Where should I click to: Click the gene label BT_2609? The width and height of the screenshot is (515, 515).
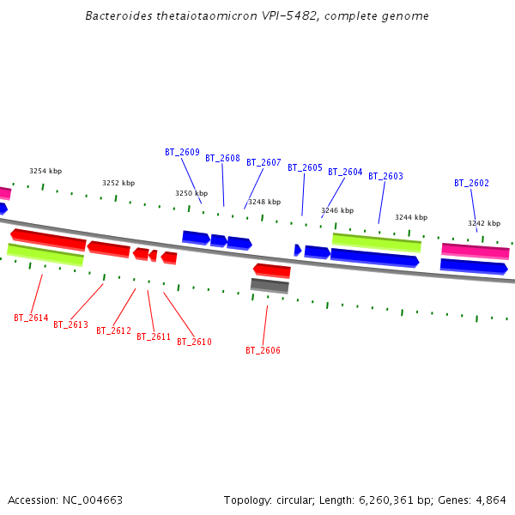click(182, 152)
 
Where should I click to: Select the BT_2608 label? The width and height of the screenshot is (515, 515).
click(222, 158)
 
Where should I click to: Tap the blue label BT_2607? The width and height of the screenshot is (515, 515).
click(264, 162)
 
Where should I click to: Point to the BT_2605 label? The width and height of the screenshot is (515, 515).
click(305, 167)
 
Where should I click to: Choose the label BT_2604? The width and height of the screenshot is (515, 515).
click(345, 172)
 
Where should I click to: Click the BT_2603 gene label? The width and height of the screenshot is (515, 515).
click(385, 176)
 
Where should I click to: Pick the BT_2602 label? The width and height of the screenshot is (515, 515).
click(471, 183)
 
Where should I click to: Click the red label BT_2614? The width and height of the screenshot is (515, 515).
click(31, 318)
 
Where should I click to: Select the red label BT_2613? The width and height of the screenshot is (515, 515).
click(70, 324)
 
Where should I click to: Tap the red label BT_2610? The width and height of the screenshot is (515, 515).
click(194, 342)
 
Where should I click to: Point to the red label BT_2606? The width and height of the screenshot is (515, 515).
click(263, 350)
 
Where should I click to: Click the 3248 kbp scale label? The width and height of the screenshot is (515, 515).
click(264, 202)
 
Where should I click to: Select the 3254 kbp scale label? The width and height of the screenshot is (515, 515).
click(45, 171)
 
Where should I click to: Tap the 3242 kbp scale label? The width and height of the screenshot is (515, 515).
click(484, 223)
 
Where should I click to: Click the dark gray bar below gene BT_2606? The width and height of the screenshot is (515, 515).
click(270, 285)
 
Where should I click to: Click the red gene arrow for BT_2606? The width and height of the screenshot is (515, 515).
click(272, 270)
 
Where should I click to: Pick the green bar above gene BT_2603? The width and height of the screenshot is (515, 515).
click(377, 241)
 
